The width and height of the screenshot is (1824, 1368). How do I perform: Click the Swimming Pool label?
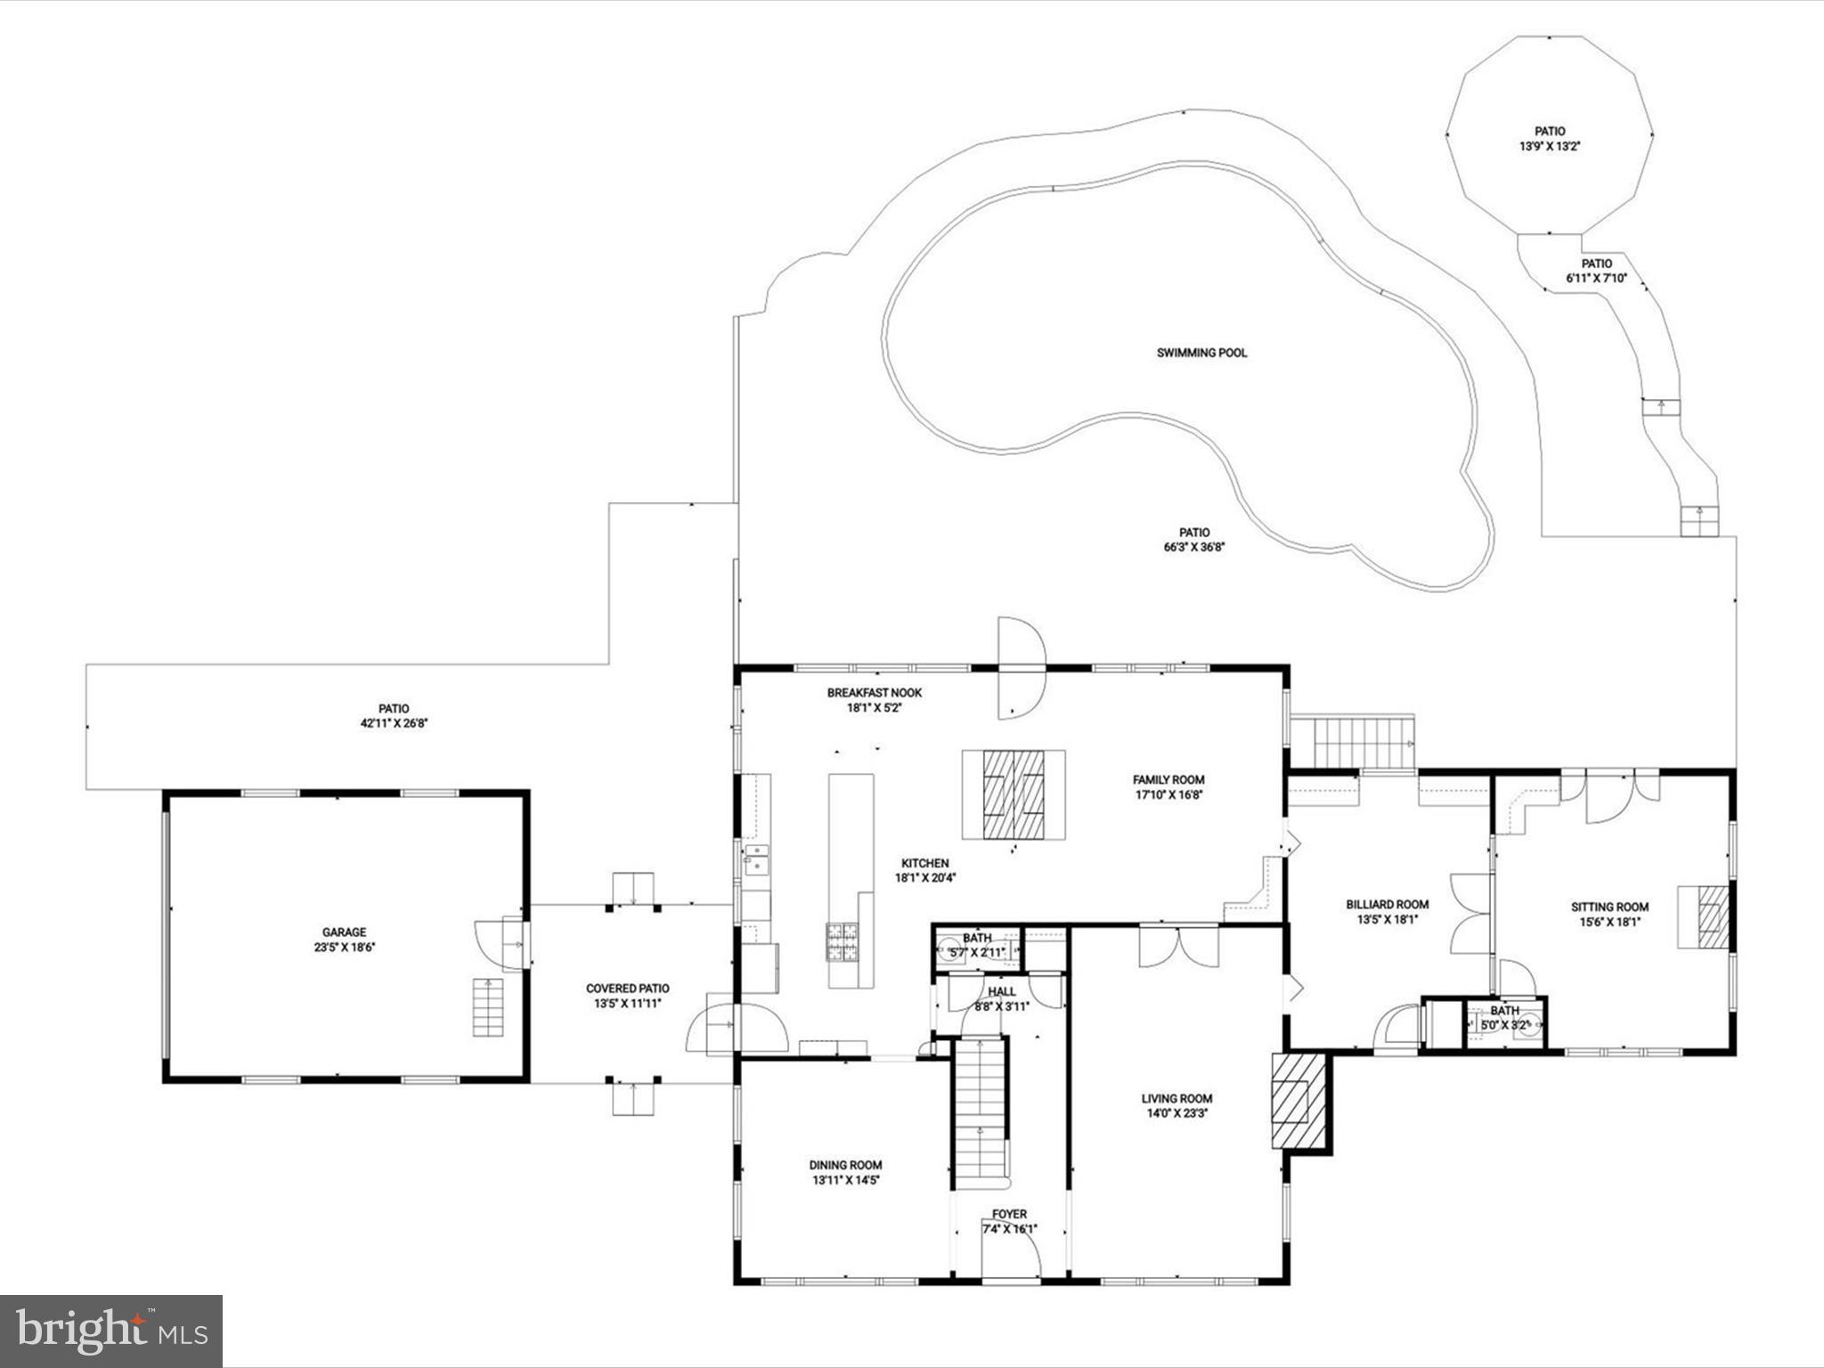(x=1201, y=353)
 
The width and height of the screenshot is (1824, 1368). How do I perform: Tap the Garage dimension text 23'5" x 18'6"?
(x=344, y=948)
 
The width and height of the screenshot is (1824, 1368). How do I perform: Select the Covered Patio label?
(x=627, y=989)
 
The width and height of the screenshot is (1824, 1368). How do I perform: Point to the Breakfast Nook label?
(x=874, y=693)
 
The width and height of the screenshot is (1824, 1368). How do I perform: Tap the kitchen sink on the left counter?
(x=757, y=861)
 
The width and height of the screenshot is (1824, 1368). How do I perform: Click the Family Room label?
(x=1168, y=779)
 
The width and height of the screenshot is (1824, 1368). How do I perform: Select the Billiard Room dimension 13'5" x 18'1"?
(x=1387, y=920)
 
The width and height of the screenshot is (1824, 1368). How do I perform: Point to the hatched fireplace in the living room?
(x=1290, y=1102)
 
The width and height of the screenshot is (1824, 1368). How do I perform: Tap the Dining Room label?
(x=845, y=1165)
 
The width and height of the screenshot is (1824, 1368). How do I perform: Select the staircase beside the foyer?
(x=980, y=1113)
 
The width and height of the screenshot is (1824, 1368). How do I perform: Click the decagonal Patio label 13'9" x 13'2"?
(x=1549, y=132)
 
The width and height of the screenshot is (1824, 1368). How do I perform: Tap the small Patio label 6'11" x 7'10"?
(x=1596, y=264)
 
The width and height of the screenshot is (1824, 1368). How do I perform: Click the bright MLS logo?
(x=111, y=1331)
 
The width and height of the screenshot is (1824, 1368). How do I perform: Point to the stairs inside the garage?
(x=487, y=1007)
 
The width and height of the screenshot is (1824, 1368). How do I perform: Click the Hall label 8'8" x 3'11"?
(x=1001, y=992)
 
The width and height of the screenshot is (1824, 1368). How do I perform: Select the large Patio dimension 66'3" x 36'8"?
(x=1194, y=548)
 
